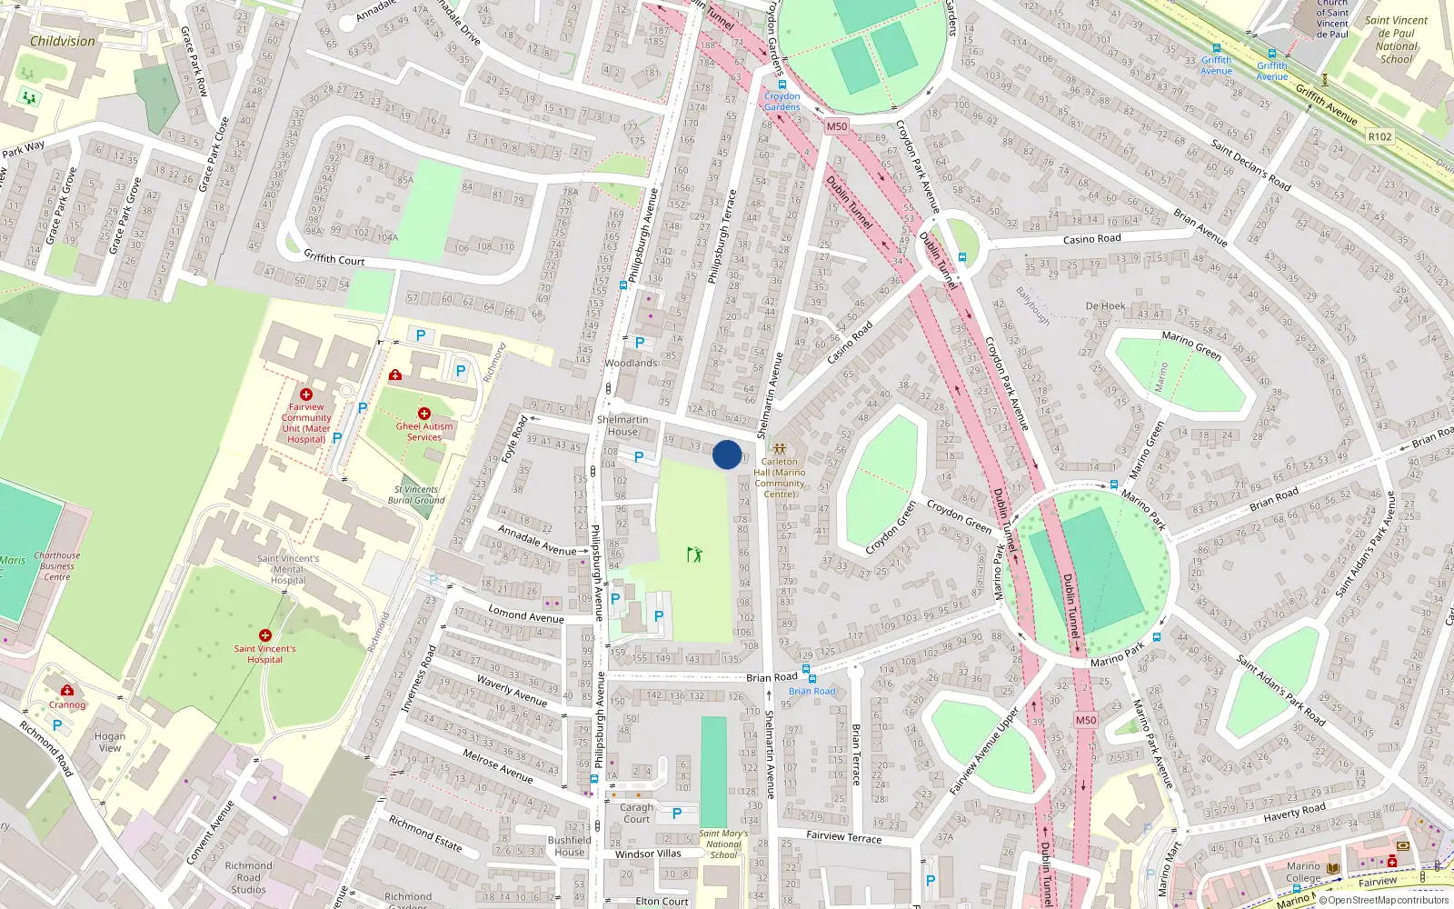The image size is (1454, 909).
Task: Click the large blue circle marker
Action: (x=727, y=454)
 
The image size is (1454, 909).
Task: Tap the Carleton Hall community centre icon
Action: (x=779, y=449)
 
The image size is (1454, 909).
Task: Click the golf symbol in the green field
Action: (x=694, y=554)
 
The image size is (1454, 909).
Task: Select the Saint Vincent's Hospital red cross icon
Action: (x=265, y=635)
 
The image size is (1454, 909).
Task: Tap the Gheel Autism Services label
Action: (x=423, y=432)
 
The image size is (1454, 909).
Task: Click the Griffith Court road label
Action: (x=334, y=258)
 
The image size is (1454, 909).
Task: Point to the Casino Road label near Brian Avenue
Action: (x=1091, y=239)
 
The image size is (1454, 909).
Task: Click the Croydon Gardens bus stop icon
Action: (x=782, y=85)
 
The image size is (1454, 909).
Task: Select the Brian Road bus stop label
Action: (x=812, y=692)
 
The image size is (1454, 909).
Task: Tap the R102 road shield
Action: (x=1379, y=136)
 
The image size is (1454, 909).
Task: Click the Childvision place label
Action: (x=62, y=41)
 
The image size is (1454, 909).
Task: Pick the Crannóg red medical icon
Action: (x=67, y=691)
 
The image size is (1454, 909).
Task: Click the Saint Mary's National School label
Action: (x=723, y=844)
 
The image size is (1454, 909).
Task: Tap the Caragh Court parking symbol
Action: (x=676, y=814)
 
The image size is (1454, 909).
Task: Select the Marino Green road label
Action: (x=1190, y=345)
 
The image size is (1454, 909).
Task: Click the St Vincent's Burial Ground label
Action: (x=416, y=494)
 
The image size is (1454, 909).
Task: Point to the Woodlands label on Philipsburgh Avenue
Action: (x=631, y=363)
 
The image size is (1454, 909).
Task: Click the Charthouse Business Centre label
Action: (x=56, y=565)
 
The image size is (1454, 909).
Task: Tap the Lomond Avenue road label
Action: (x=525, y=614)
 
